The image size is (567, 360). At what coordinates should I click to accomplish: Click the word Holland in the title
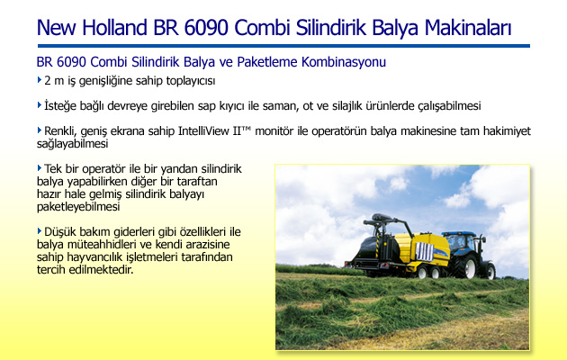[114, 28]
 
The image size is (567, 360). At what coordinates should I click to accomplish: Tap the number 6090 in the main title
[206, 28]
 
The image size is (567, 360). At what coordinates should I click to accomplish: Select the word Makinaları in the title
[468, 28]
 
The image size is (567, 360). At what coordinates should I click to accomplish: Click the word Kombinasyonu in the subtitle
[344, 62]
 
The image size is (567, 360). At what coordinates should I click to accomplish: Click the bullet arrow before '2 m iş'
[40, 79]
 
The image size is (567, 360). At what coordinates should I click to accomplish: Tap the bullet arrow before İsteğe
[40, 105]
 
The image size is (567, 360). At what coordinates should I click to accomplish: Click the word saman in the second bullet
[281, 106]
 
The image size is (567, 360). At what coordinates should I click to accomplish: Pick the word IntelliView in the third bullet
[203, 130]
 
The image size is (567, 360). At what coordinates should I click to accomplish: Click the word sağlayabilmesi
[72, 144]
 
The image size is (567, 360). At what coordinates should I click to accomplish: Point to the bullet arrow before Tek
[40, 167]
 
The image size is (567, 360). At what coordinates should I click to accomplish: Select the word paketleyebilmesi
[78, 207]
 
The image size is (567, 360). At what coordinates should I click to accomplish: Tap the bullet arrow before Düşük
[40, 230]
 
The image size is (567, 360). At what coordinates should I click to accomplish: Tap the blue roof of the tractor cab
[458, 234]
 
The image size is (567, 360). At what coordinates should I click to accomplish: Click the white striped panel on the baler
[424, 252]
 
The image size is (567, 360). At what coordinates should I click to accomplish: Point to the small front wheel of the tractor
[490, 272]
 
